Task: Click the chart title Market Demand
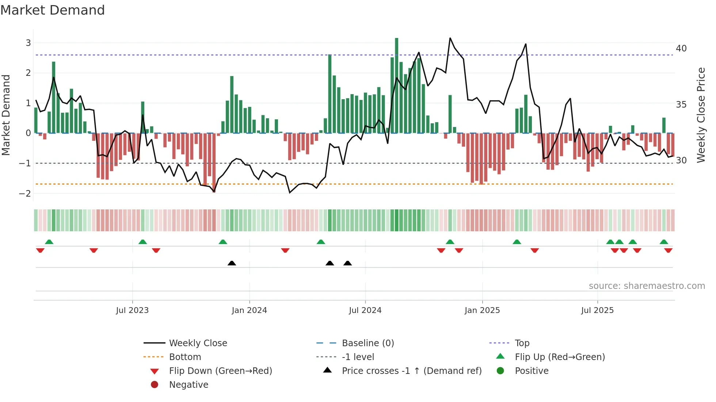53,10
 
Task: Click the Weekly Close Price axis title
701,115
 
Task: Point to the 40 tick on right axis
681,49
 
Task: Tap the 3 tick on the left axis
28,43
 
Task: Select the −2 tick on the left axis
25,193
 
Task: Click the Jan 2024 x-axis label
249,310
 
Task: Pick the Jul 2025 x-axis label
597,310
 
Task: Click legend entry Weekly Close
198,343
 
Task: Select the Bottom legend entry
185,357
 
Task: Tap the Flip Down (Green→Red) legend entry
220,371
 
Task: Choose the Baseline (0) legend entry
367,343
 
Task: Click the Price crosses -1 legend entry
411,371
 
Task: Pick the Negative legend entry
188,385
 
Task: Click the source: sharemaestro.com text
647,286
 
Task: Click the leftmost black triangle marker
232,263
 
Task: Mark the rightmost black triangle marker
347,263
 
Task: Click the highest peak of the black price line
450,38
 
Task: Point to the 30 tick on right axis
681,161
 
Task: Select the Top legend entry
522,343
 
